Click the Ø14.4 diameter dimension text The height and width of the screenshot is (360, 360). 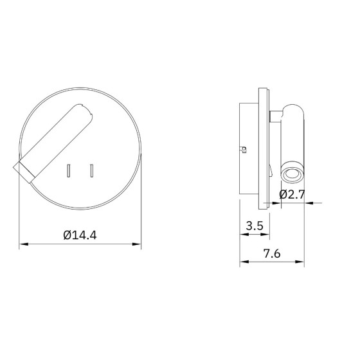[x=80, y=235]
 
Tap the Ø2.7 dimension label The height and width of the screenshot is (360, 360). [x=292, y=194]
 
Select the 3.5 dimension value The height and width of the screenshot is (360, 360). [x=255, y=226]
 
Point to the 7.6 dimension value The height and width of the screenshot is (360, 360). [x=272, y=253]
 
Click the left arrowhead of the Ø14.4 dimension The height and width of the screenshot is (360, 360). [x=23, y=244]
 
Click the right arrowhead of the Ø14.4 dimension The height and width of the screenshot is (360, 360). [x=136, y=244]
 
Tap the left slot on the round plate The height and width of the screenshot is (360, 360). [x=68, y=171]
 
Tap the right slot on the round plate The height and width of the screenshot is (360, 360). [x=91, y=171]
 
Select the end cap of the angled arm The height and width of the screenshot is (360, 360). [x=24, y=172]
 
